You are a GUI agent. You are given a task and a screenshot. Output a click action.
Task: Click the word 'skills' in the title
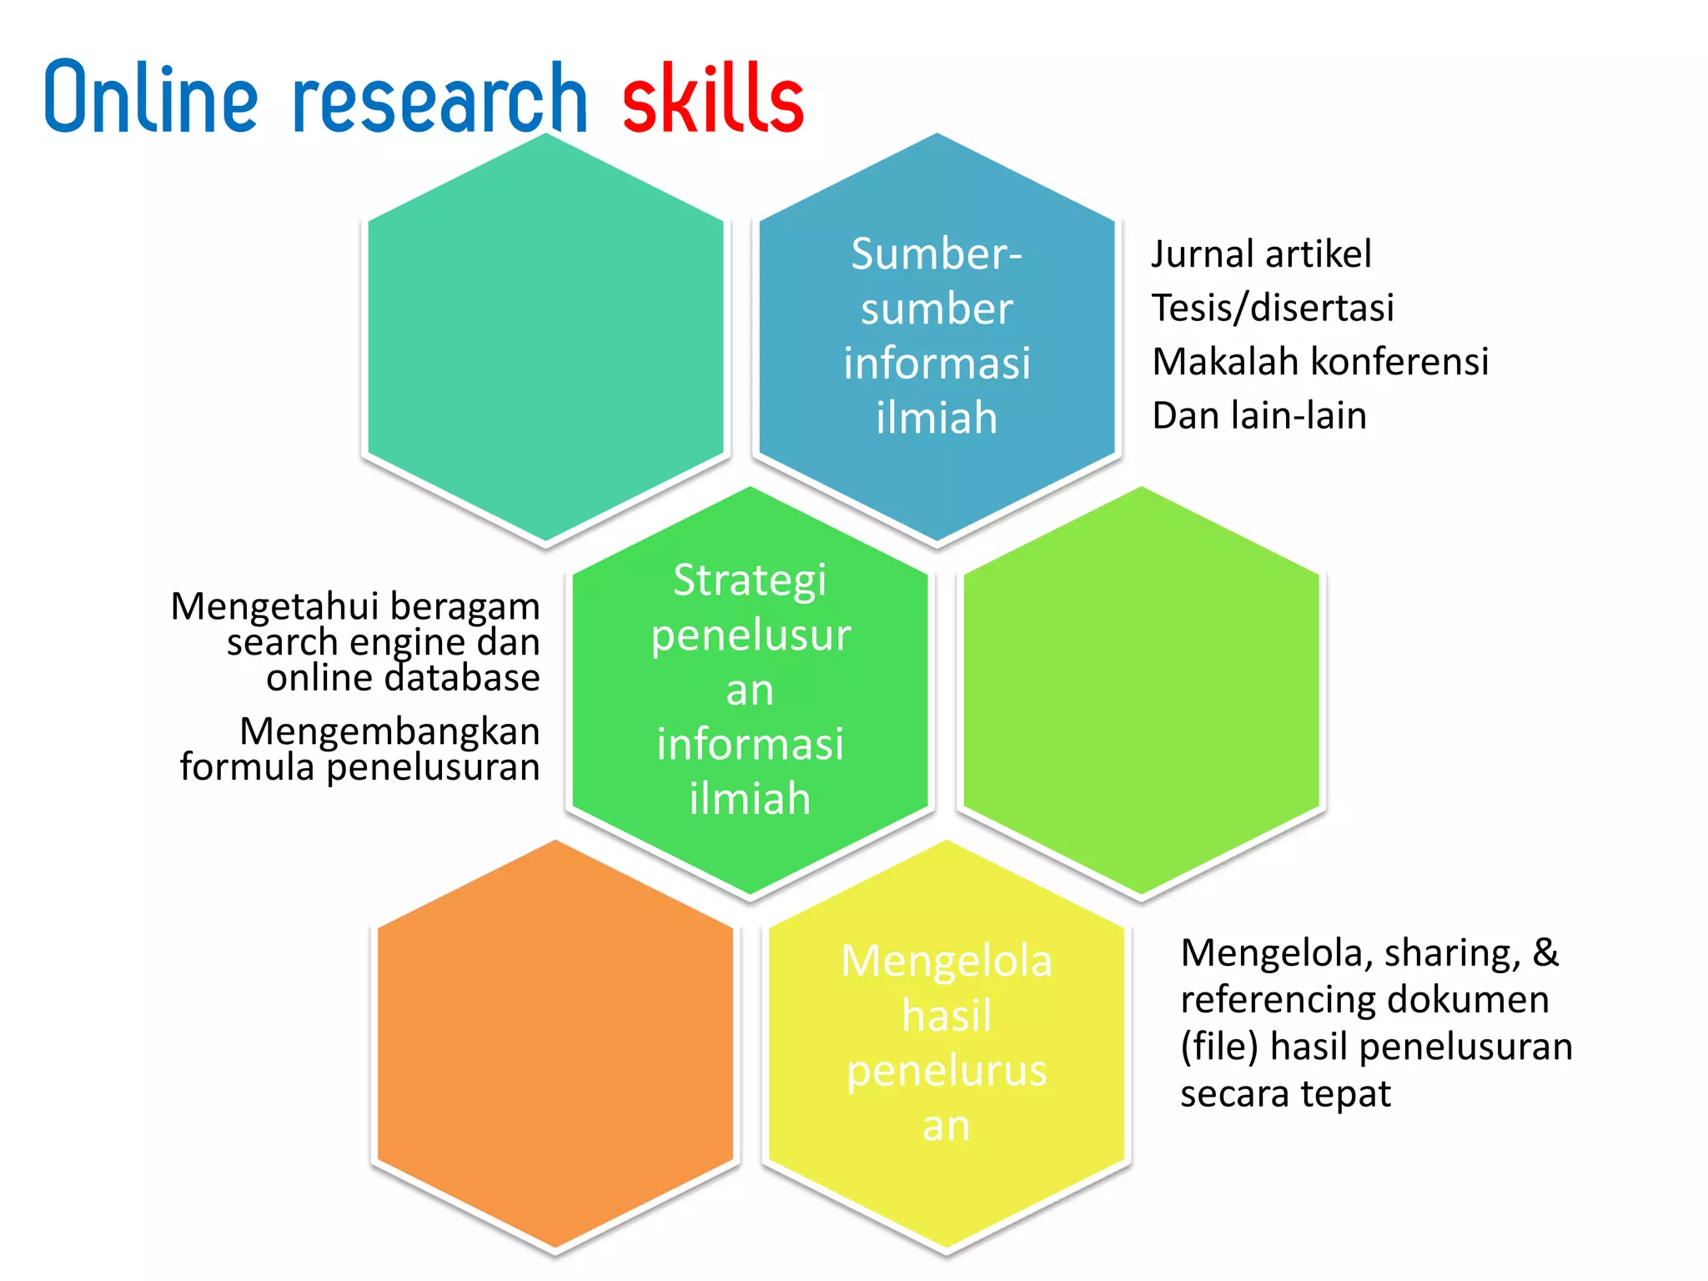pos(713,98)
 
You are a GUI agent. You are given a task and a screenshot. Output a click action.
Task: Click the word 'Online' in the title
pos(151,98)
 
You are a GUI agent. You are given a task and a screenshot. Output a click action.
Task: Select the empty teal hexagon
pos(545,338)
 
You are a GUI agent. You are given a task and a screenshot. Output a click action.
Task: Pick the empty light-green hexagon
pos(1141,692)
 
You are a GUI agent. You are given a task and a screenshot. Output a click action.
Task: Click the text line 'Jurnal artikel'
pos(1260,254)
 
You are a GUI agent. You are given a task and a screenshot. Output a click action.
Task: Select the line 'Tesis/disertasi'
pos(1272,308)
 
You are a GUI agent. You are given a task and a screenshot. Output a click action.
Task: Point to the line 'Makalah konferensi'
pos(1319,362)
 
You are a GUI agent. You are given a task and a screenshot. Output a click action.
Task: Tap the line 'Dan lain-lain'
pos(1258,415)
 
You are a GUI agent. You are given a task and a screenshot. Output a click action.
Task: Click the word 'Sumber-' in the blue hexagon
pos(936,254)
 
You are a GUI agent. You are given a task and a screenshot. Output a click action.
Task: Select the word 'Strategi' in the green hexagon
pos(749,580)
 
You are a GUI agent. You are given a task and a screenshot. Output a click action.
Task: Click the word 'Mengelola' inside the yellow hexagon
pos(946,961)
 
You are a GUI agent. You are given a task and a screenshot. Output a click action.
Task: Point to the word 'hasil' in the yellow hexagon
pos(946,1016)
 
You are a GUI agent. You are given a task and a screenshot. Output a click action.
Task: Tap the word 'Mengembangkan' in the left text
pos(389,731)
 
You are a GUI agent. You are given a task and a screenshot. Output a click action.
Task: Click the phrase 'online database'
pos(403,677)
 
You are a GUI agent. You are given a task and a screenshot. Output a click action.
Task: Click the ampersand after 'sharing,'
pos(1545,952)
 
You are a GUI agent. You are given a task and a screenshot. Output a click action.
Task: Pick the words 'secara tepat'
pos(1284,1093)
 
